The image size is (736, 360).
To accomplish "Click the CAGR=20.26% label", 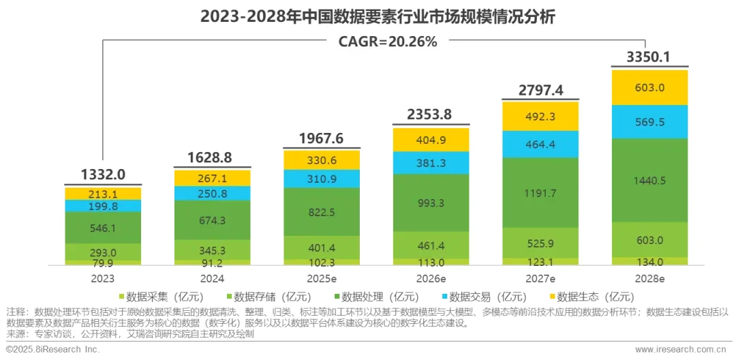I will point(388,41).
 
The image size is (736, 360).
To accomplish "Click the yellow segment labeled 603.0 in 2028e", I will point(649,87).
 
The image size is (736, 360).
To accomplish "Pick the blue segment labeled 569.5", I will point(649,122).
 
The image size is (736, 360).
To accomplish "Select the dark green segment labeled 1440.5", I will point(649,181).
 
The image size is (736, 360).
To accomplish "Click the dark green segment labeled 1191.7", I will point(540,193).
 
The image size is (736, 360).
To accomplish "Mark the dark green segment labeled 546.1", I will point(103,228).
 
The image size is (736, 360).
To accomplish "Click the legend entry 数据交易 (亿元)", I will point(486,297).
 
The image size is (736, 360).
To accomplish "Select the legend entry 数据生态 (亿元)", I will point(593,297).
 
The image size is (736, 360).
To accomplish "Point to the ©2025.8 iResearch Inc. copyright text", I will point(52,349).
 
